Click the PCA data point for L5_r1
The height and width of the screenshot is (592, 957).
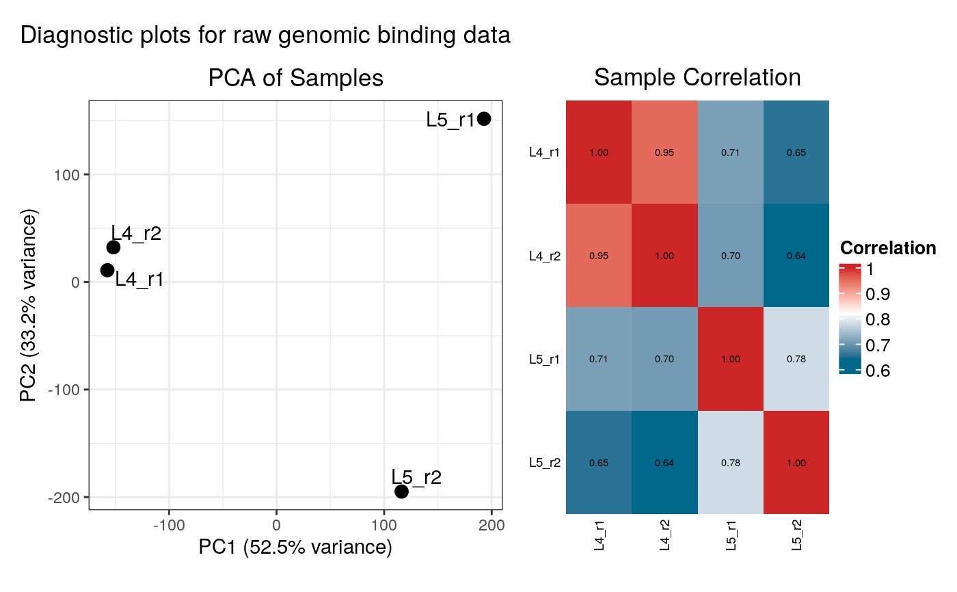pyautogui.click(x=484, y=119)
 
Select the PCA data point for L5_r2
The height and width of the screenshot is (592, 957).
pyautogui.click(x=401, y=492)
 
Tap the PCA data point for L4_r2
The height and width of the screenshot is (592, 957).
pyautogui.click(x=113, y=247)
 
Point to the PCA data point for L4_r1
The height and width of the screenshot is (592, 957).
pyautogui.click(x=107, y=270)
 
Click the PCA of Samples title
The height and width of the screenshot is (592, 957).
pyautogui.click(x=295, y=78)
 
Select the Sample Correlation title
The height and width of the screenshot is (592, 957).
pyautogui.click(x=697, y=77)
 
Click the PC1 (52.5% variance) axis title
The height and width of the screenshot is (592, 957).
pyautogui.click(x=295, y=548)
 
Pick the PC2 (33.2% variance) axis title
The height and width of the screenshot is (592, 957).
pyautogui.click(x=29, y=306)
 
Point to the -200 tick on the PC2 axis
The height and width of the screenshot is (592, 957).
pyautogui.click(x=64, y=497)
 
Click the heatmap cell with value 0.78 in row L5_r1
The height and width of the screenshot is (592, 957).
pyautogui.click(x=796, y=359)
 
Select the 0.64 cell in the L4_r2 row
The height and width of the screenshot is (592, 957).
pyautogui.click(x=796, y=256)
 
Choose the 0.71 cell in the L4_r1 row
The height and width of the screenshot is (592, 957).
pyautogui.click(x=730, y=152)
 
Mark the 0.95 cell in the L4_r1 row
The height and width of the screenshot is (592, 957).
pyautogui.click(x=664, y=152)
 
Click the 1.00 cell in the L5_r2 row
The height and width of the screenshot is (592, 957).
pyautogui.click(x=796, y=463)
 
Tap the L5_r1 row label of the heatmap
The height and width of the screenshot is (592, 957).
pyautogui.click(x=545, y=359)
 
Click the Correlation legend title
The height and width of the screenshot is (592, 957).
pyautogui.click(x=887, y=247)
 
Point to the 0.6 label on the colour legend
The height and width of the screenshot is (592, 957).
pyautogui.click(x=878, y=371)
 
